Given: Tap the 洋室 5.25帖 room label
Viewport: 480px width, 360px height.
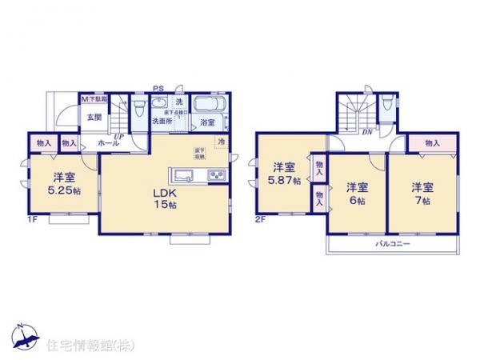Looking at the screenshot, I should [x=65, y=184].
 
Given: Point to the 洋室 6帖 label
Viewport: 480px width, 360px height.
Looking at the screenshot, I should [x=358, y=194].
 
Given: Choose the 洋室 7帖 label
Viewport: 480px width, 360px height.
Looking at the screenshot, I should [x=422, y=194].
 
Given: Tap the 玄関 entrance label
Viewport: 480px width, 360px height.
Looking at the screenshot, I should [x=94, y=117].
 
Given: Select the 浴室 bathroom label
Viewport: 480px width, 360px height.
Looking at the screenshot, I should [x=207, y=122].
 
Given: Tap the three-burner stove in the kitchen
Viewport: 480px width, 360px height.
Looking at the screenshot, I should [x=217, y=175].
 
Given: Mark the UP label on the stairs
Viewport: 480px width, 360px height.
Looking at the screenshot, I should [x=118, y=137].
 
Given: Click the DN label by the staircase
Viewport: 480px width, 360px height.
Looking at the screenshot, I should [x=366, y=132].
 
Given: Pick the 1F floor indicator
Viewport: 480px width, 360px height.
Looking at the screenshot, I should [x=33, y=218].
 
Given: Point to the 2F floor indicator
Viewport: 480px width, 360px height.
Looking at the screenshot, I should [x=260, y=218].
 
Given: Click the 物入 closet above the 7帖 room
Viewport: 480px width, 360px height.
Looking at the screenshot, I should [x=432, y=142].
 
